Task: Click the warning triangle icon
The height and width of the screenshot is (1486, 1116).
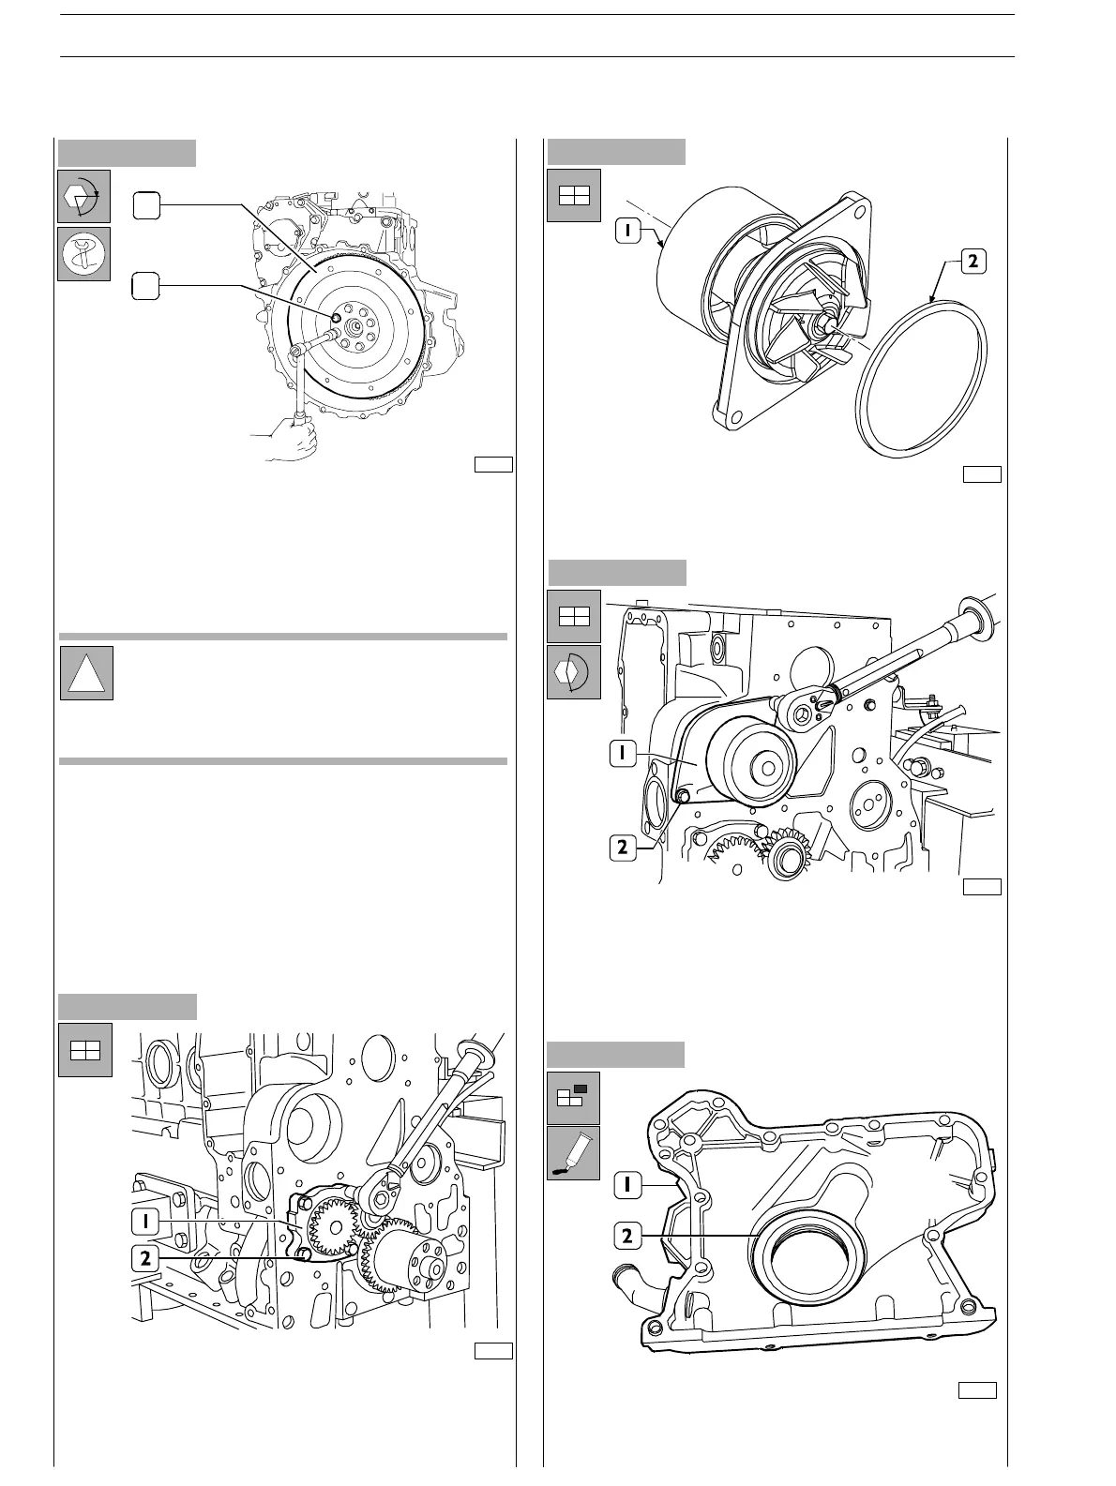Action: [x=86, y=672]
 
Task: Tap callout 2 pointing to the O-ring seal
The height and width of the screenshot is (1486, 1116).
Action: [x=973, y=263]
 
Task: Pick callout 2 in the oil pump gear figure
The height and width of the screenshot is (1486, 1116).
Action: [x=144, y=1259]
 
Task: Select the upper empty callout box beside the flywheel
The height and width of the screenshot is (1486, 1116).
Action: [x=144, y=205]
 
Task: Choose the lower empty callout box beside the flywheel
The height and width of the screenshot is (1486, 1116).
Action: [x=144, y=286]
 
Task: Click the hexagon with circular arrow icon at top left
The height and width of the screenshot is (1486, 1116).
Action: [x=84, y=196]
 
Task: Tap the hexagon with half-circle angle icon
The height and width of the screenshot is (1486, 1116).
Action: [x=573, y=672]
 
